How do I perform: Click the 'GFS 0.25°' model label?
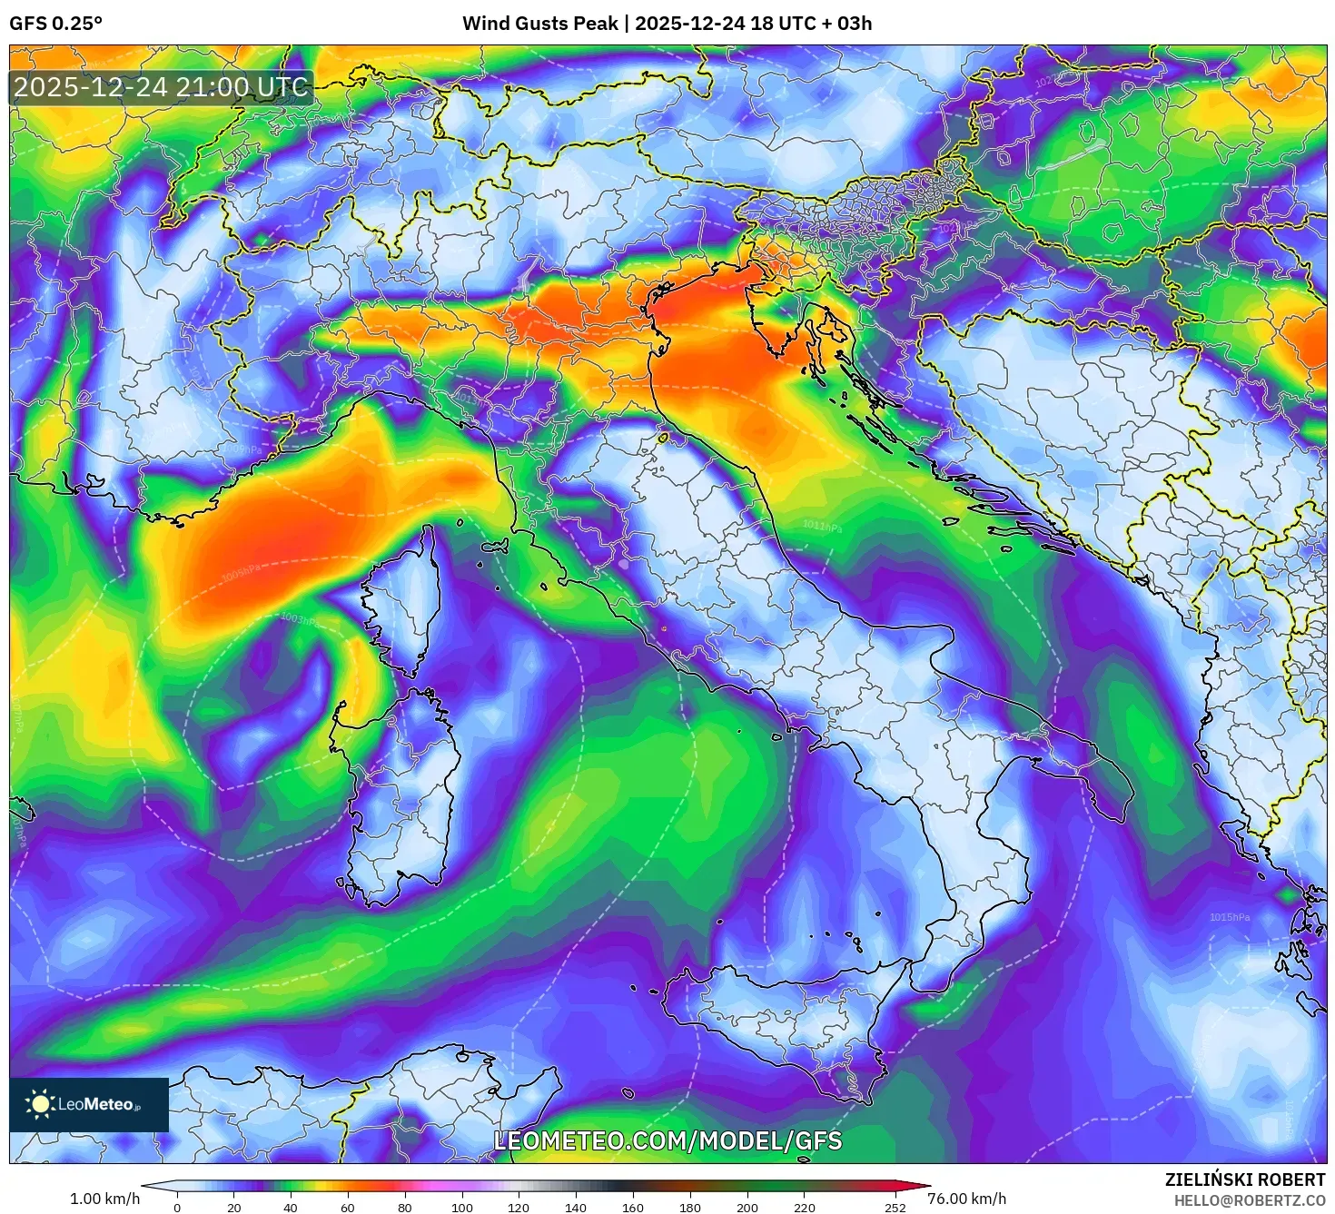tap(56, 24)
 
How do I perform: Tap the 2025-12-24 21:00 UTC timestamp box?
tap(161, 88)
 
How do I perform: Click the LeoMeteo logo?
tap(89, 1104)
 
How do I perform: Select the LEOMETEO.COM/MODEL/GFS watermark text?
tap(667, 1140)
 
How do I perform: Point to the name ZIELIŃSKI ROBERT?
tap(1245, 1179)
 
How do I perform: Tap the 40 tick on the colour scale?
tap(291, 1207)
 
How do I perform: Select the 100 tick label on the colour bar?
tap(462, 1207)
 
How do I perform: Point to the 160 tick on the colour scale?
tap(633, 1207)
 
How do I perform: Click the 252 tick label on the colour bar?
tap(895, 1207)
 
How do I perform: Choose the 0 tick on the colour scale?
tap(177, 1207)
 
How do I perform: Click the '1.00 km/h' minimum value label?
tap(105, 1199)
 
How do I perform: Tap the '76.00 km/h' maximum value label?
tap(966, 1199)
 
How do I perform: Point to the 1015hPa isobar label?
tap(1229, 917)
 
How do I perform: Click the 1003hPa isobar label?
tap(299, 619)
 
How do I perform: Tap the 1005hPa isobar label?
tap(241, 571)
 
